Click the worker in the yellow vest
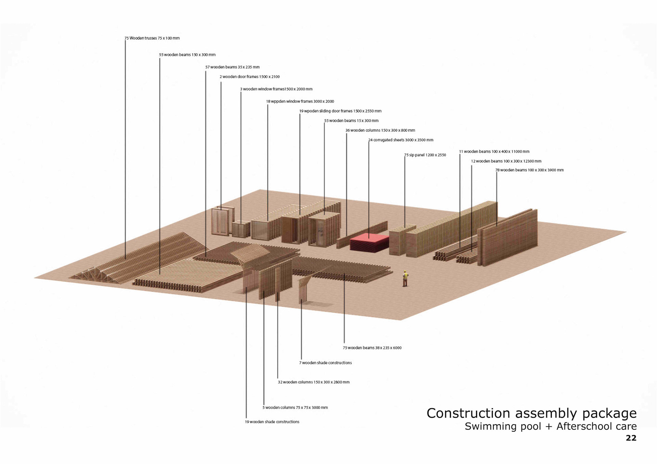[x=405, y=278]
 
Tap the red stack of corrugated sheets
[x=369, y=242]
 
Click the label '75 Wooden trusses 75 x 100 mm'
[x=152, y=38]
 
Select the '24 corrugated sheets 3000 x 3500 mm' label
[x=401, y=140]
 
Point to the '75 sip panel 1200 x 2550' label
[x=425, y=155]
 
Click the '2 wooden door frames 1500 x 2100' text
[x=249, y=77]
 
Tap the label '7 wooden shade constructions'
[x=325, y=363]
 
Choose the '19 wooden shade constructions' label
[x=272, y=422]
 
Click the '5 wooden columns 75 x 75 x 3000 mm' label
[x=295, y=408]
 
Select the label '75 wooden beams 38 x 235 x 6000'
[x=372, y=348]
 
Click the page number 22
[x=631, y=438]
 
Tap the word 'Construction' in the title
[x=468, y=413]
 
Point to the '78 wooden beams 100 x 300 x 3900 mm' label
[x=529, y=170]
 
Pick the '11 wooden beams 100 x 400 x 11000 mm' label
[x=494, y=151]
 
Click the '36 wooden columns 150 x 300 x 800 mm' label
[x=380, y=130]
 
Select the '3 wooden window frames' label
[x=276, y=89]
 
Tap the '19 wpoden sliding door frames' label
[x=340, y=111]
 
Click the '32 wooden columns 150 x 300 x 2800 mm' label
[x=313, y=382]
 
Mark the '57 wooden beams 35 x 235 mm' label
[x=232, y=67]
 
